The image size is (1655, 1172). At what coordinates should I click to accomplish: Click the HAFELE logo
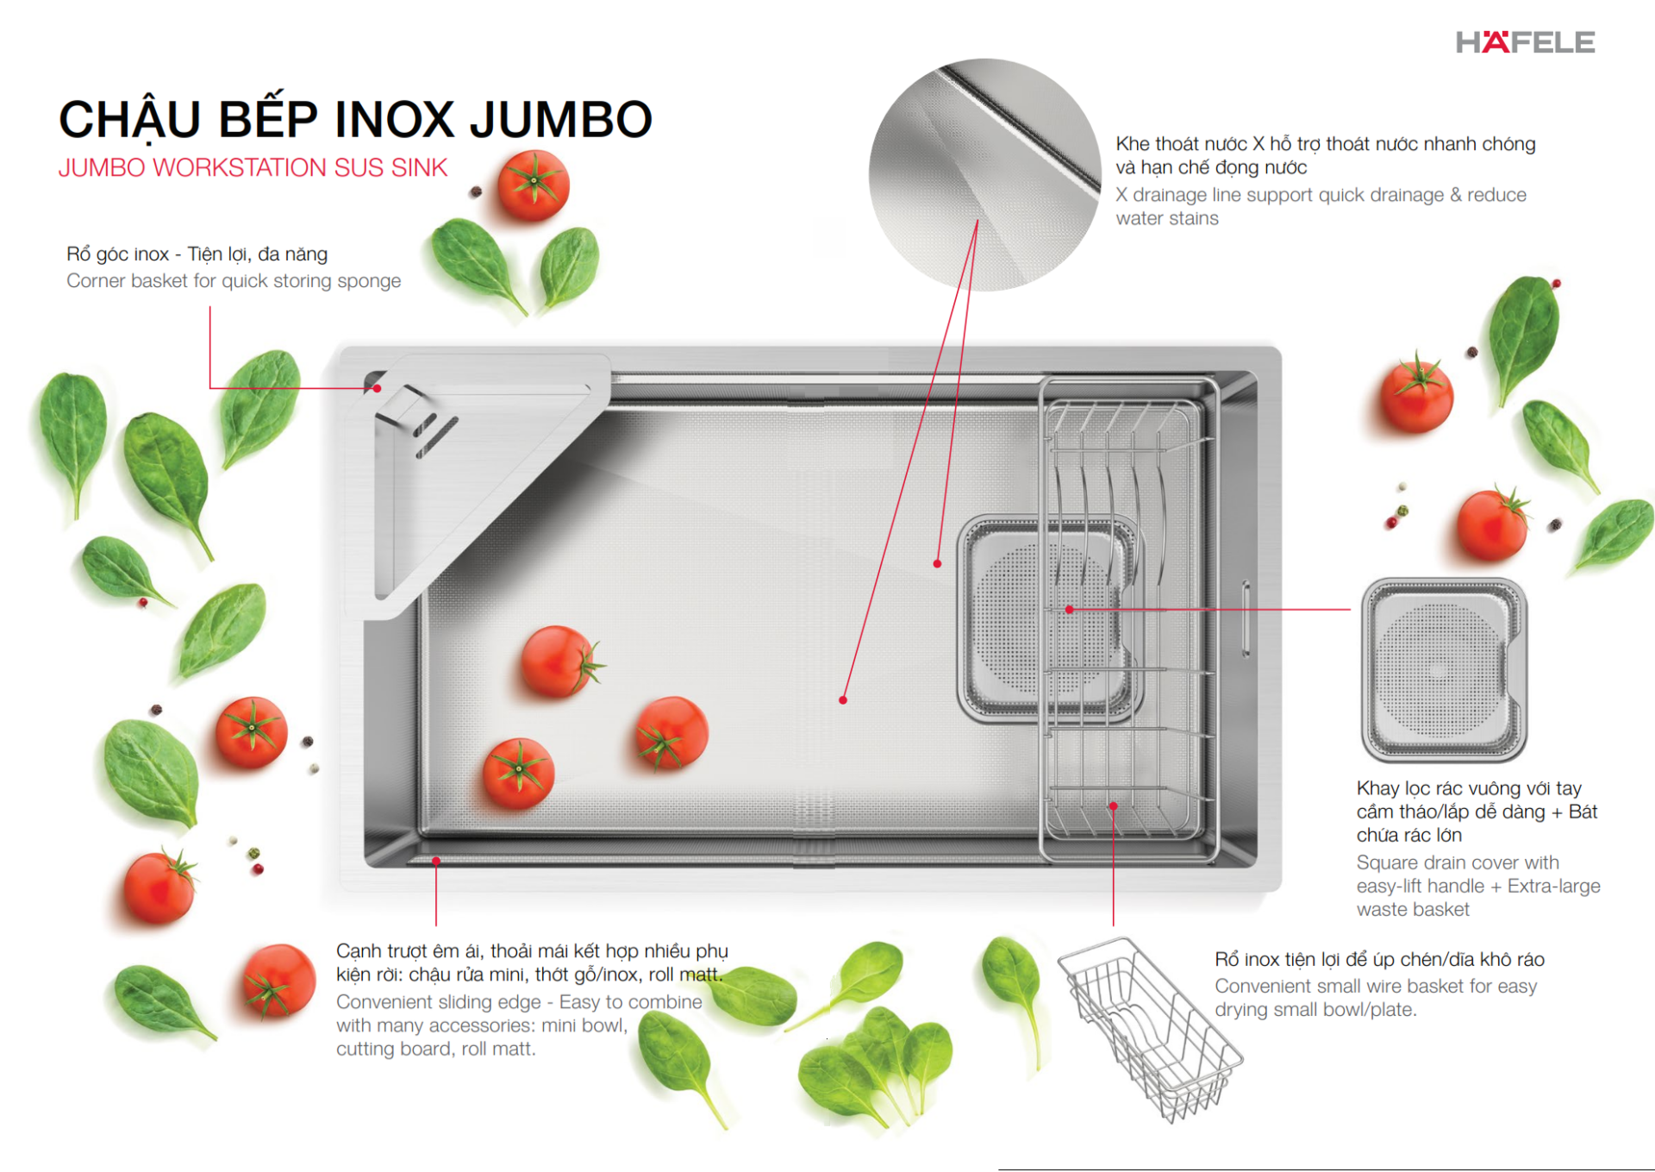(x=1525, y=42)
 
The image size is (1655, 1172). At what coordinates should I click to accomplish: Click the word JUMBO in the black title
(x=561, y=119)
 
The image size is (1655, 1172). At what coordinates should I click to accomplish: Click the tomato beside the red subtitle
(x=533, y=185)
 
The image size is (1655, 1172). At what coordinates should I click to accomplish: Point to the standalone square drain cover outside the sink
(x=1443, y=669)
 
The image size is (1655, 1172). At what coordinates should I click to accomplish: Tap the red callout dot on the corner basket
(x=378, y=388)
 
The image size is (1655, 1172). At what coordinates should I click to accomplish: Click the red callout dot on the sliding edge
(x=436, y=861)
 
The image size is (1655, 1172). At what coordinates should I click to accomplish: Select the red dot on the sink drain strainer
(x=1069, y=609)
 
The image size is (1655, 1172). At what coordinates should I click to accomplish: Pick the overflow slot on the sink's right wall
(x=1246, y=618)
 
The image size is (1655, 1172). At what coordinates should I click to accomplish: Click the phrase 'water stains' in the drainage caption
(x=1166, y=219)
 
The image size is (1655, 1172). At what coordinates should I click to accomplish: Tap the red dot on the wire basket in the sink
(x=1113, y=806)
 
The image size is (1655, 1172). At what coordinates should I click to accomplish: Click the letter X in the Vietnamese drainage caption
(x=1258, y=144)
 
